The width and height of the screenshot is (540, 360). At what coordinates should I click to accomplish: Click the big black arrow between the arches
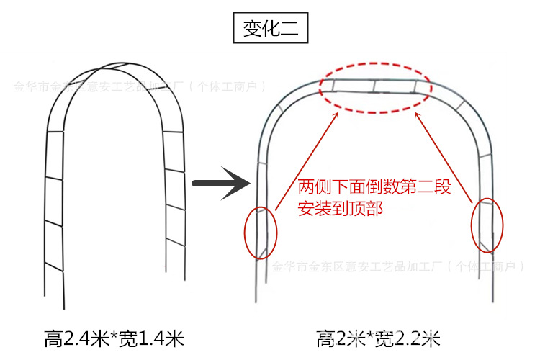point(221,184)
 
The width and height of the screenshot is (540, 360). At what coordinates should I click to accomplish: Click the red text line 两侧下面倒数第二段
point(374,189)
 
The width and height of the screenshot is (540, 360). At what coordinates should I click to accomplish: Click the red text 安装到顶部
point(340,210)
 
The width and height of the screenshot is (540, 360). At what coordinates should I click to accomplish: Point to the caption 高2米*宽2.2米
point(377,338)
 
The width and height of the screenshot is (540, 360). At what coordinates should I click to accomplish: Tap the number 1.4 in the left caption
point(153,338)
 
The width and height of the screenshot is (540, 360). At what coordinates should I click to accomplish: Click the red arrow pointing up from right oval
point(446,156)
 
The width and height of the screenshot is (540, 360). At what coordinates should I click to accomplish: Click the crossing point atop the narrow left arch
point(104,69)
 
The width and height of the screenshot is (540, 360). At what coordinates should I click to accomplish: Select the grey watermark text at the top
point(140,87)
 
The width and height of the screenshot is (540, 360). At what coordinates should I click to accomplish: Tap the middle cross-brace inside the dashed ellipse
point(375,87)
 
